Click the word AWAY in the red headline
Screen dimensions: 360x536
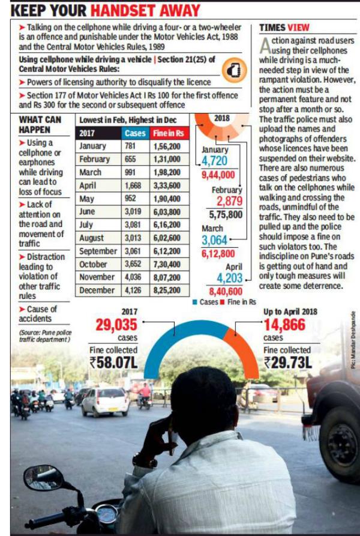tap(176, 11)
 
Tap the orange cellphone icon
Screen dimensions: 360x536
tap(235, 70)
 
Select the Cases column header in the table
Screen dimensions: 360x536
tap(135, 133)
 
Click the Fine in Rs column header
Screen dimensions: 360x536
tap(169, 133)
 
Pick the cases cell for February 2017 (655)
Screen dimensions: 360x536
tap(130, 159)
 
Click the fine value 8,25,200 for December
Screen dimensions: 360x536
tap(167, 291)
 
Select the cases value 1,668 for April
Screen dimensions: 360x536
tap(133, 185)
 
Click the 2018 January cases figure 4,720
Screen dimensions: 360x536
tap(214, 161)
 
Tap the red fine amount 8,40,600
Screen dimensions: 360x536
tap(226, 291)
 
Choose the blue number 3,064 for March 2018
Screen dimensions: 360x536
tap(214, 240)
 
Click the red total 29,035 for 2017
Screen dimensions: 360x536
tap(116, 325)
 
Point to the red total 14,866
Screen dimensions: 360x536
tap(284, 325)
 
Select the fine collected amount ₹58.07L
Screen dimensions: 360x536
tap(113, 363)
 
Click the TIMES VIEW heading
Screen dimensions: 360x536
tap(284, 28)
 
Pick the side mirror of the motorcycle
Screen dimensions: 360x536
tap(43, 477)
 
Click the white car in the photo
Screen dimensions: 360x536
tap(105, 402)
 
